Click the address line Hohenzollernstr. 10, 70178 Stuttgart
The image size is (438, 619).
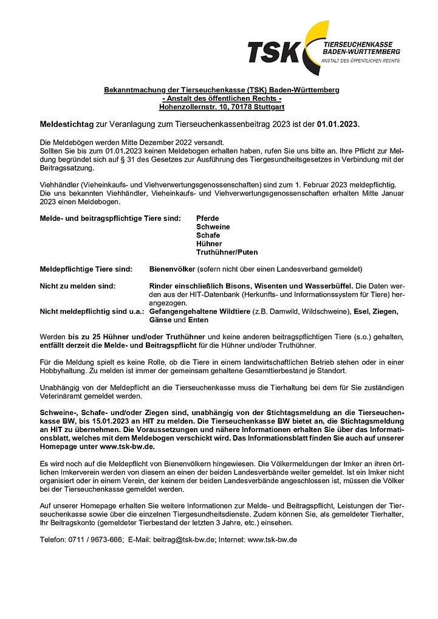click(221, 107)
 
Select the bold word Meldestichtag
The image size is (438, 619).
click(67, 124)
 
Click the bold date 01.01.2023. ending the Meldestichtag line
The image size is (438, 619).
click(338, 124)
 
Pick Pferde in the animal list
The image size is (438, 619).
click(208, 218)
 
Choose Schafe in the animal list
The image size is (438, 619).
click(208, 235)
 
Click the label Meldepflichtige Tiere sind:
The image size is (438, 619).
click(85, 268)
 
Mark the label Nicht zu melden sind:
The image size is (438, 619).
click(77, 285)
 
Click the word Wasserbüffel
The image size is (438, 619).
click(327, 285)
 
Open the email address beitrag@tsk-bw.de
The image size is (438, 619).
click(183, 539)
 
